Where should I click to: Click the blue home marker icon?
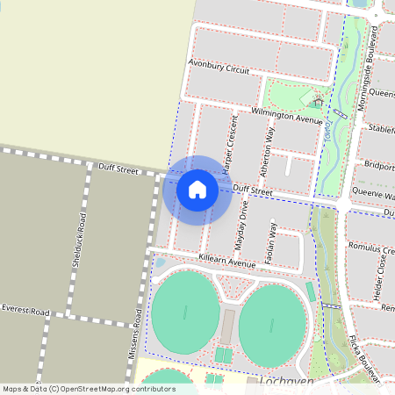click(x=197, y=190)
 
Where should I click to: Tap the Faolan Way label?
click(x=273, y=241)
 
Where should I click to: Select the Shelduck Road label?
click(x=78, y=240)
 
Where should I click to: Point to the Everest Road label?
click(x=25, y=310)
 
